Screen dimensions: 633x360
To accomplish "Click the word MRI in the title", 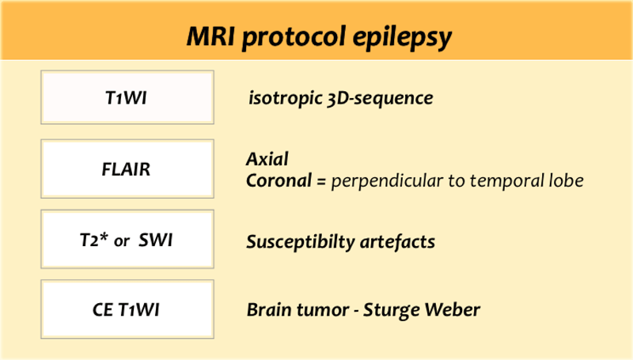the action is point(210,36).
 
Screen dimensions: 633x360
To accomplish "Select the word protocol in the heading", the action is point(294,38).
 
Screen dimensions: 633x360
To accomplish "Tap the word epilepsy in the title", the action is point(403,38).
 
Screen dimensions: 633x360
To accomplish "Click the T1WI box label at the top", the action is point(127,98).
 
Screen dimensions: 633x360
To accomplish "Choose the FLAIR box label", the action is point(126,169).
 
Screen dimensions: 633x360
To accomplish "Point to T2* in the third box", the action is point(94,241).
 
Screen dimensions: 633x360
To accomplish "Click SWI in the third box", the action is point(155,241).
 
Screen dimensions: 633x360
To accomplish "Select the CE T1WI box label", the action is point(126,310).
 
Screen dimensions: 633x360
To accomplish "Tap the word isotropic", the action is point(285,98).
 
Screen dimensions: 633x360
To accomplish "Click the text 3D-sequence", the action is point(380,98).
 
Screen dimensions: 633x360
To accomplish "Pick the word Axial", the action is point(267,159).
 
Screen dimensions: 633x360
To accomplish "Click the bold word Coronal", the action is point(279,180).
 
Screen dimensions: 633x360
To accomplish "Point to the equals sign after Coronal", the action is point(321,181).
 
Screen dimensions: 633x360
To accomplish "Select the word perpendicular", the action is point(387,181).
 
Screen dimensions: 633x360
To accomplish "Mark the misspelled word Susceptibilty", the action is point(301,242).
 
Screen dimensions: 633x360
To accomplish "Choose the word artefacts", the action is point(397,242).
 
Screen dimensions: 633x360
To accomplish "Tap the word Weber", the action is point(453,310).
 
